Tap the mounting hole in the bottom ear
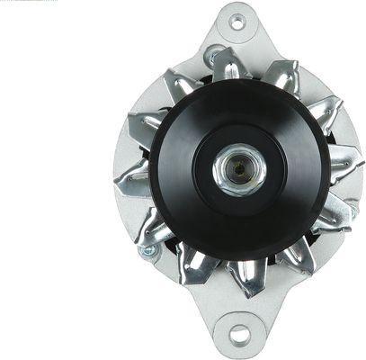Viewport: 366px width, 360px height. pos(240,335)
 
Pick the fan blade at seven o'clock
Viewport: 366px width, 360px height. pos(194,264)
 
